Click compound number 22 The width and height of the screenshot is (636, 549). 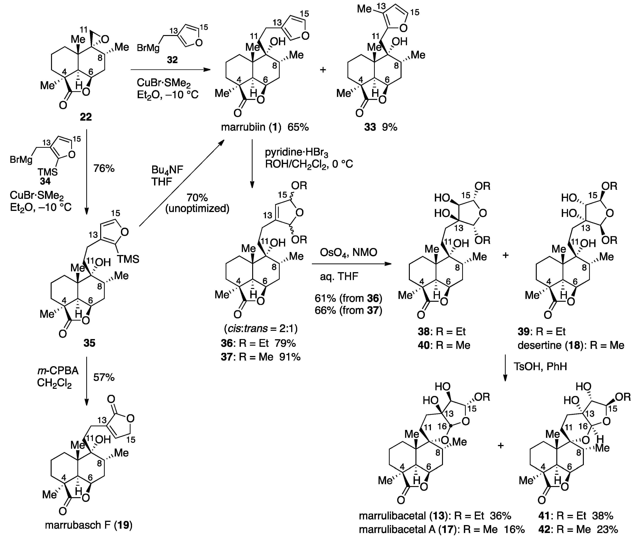pyautogui.click(x=86, y=117)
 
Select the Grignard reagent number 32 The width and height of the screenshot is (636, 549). pyautogui.click(x=172, y=59)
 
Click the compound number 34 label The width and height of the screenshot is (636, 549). pyautogui.click(x=45, y=181)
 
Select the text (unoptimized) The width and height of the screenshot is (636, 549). pyautogui.click(x=197, y=209)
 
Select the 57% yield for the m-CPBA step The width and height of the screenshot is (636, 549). pyautogui.click(x=104, y=377)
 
